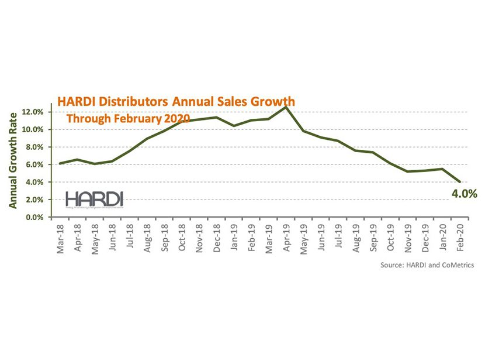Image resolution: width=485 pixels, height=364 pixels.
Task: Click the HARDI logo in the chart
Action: click(94, 199)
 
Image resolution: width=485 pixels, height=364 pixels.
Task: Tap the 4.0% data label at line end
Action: click(466, 194)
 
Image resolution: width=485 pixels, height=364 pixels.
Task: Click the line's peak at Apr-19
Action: click(286, 107)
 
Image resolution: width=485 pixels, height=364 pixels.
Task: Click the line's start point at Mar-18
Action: click(60, 163)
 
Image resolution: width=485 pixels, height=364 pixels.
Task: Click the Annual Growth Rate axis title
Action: click(12, 162)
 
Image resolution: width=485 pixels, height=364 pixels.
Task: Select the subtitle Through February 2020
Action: click(129, 119)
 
